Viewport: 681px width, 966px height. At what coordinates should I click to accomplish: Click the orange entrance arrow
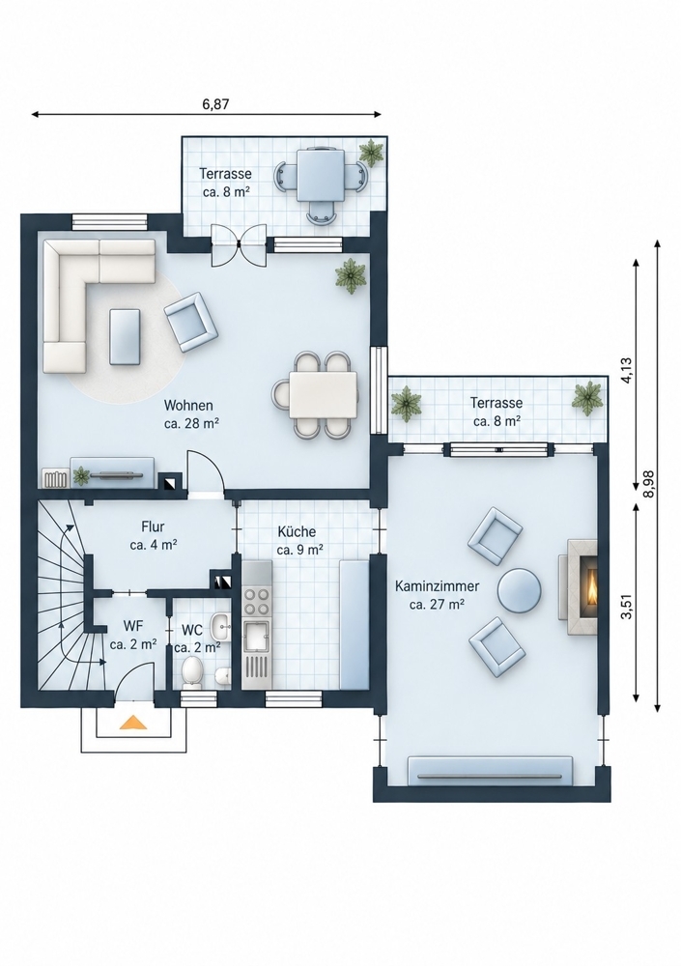133,722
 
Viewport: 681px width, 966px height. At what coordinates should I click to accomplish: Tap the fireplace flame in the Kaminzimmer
591,587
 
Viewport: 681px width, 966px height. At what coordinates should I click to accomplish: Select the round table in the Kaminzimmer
519,590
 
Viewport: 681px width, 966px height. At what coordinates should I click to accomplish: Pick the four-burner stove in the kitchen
256,602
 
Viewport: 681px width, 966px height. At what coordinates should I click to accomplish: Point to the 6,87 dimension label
215,104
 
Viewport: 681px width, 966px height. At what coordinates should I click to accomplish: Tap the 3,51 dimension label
626,607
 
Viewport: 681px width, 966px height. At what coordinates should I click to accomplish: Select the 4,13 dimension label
626,371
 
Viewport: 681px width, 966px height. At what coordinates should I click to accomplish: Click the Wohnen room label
188,406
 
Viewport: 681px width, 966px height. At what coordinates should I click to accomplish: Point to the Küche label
297,531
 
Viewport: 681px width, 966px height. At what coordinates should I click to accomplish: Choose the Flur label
153,526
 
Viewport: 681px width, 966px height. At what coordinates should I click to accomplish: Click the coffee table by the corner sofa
126,336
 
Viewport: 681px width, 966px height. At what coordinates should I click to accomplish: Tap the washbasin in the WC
219,627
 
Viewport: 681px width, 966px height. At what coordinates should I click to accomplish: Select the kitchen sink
256,637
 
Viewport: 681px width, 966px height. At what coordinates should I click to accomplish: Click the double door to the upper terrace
239,245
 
